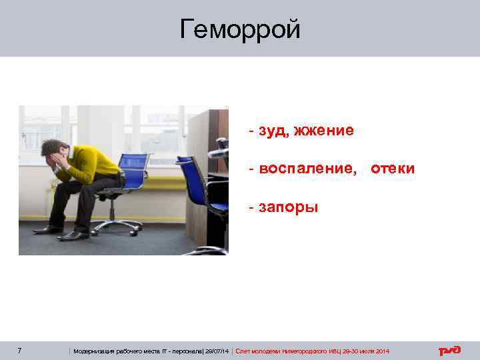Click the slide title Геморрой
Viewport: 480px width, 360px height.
[x=240, y=29]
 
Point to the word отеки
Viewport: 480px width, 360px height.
[x=392, y=169]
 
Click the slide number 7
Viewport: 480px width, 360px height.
[x=20, y=351]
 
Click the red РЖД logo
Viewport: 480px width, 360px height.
[x=449, y=351]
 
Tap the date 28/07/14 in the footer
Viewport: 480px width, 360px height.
[x=219, y=351]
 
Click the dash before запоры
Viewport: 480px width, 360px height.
[x=251, y=207]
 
